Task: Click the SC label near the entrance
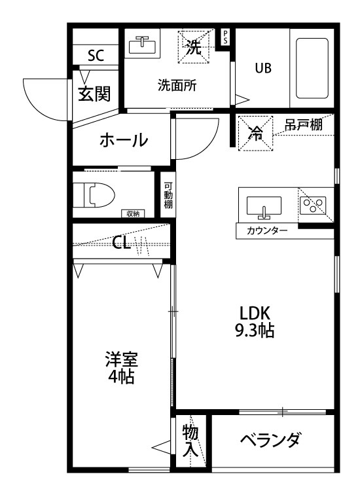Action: pyautogui.click(x=95, y=56)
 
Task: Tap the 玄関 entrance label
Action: pyautogui.click(x=94, y=94)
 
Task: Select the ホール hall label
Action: pyautogui.click(x=123, y=140)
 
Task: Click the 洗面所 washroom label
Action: pyautogui.click(x=177, y=85)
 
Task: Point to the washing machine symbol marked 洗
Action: pyautogui.click(x=194, y=46)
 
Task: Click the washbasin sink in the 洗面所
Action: pyautogui.click(x=141, y=45)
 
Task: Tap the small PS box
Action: pyautogui.click(x=226, y=37)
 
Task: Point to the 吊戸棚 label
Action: pyautogui.click(x=303, y=124)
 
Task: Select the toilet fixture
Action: pyautogui.click(x=95, y=194)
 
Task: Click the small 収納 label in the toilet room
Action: pyautogui.click(x=133, y=213)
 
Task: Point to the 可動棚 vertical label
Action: pyautogui.click(x=168, y=194)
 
